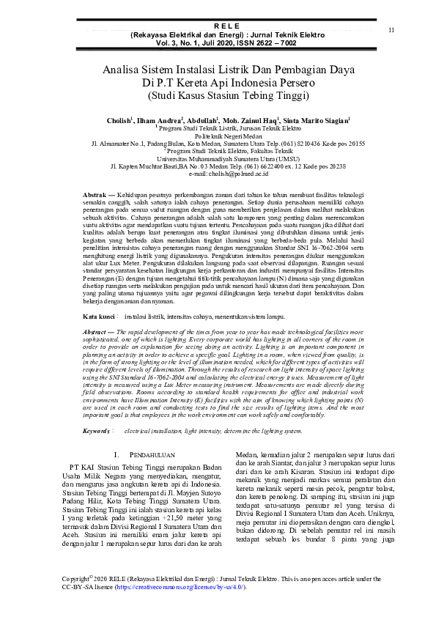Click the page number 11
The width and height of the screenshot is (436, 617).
(x=391, y=29)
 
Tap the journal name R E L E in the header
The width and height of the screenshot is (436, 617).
(x=218, y=26)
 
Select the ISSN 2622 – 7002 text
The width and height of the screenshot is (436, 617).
(x=259, y=43)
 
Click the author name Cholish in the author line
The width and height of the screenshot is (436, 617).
(x=118, y=119)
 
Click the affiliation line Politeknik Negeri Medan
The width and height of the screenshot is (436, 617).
(x=218, y=136)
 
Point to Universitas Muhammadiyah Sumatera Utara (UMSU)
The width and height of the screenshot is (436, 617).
(x=218, y=158)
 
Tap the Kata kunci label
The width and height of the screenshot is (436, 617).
(x=98, y=316)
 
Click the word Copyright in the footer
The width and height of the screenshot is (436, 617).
(x=77, y=579)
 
